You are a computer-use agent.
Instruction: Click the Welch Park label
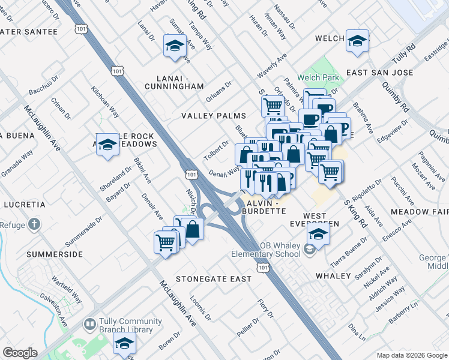tap(322, 77)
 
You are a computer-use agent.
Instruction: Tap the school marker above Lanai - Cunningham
tap(175, 46)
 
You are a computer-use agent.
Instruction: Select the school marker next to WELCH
tap(358, 41)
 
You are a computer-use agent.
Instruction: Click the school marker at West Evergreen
tap(318, 233)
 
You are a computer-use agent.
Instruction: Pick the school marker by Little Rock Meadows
tap(108, 145)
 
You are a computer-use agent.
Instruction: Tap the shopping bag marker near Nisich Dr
tap(193, 229)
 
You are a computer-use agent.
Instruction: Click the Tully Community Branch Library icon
tap(89, 325)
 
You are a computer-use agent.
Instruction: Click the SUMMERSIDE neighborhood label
tap(54, 254)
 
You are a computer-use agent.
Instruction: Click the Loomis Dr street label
tap(199, 305)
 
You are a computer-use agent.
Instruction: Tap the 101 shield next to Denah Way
tap(191, 174)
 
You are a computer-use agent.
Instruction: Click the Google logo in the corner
tap(20, 353)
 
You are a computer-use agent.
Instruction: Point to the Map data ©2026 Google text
tap(411, 355)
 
